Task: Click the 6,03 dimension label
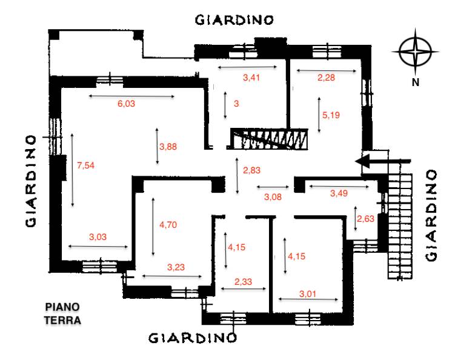[126, 104]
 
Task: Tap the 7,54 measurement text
[85, 165]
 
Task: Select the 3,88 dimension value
[168, 147]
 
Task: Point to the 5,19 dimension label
[331, 115]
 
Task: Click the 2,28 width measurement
[326, 78]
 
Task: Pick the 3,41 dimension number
[251, 78]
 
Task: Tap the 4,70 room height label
[168, 225]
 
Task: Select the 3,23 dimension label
[176, 267]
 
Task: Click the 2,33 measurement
[243, 282]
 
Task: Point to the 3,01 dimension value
[308, 294]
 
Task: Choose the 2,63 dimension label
[365, 219]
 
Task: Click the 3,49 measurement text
[339, 193]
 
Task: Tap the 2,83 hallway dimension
[251, 170]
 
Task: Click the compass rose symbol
[415, 52]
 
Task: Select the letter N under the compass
[416, 82]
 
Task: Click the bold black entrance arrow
[383, 161]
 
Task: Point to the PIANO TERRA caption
[62, 313]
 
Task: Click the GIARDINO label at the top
[234, 20]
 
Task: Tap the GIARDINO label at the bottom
[193, 338]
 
